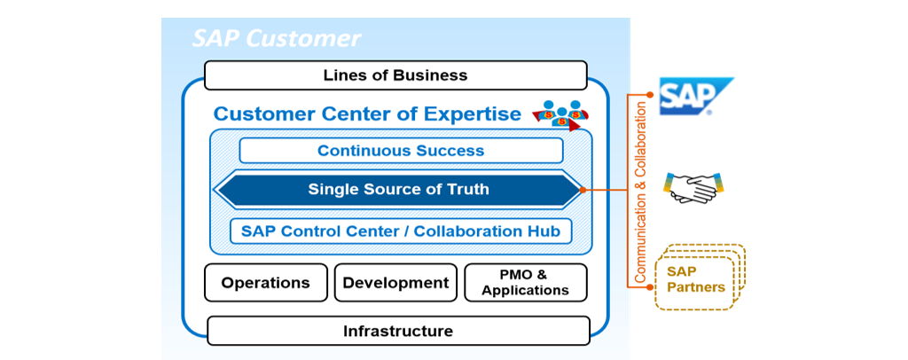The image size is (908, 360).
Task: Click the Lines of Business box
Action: coord(395,75)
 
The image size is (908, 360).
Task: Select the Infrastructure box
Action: coord(398,331)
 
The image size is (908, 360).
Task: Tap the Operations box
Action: coord(266,283)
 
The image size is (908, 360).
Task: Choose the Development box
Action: coord(395,283)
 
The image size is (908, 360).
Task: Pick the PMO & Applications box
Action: coord(526,283)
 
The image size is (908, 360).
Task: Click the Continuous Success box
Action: coord(401,151)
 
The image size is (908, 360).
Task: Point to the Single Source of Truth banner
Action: coord(398,189)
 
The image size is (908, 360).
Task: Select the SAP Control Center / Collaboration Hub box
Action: coord(401,231)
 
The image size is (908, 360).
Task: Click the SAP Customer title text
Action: coord(277,39)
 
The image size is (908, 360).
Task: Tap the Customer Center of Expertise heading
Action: coord(367,114)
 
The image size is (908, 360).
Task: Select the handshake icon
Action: coord(693,187)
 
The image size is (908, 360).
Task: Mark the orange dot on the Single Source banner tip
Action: coord(583,189)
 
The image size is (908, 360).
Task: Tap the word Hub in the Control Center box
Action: coord(545,231)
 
